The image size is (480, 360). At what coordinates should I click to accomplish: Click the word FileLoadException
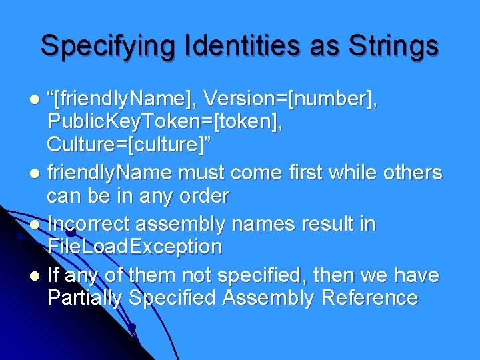click(x=135, y=247)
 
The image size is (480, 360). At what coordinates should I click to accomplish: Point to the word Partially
click(x=85, y=298)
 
